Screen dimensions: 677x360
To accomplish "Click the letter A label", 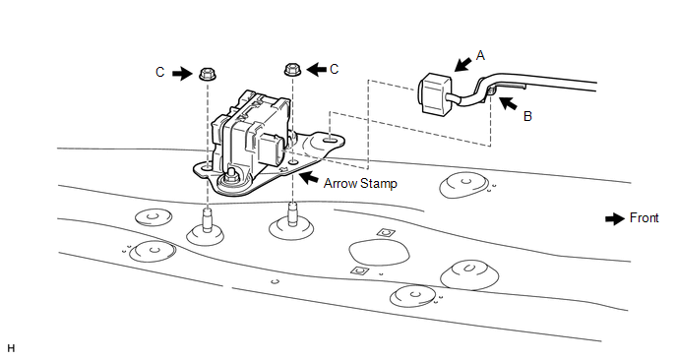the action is pyautogui.click(x=480, y=56).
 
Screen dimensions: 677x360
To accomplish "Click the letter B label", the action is pyautogui.click(x=527, y=116).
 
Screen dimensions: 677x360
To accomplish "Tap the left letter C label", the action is pyautogui.click(x=160, y=72).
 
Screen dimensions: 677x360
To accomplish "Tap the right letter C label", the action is pyautogui.click(x=334, y=69).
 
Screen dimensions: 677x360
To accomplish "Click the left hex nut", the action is pyautogui.click(x=208, y=74).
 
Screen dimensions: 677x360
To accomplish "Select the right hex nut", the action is pyautogui.click(x=292, y=69).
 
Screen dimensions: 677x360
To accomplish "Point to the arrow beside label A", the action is pyautogui.click(x=463, y=65).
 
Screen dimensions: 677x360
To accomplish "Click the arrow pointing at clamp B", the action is pyautogui.click(x=508, y=103).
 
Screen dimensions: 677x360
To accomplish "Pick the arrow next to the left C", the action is pyautogui.click(x=182, y=74).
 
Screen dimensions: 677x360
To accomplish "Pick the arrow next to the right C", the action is pyautogui.click(x=316, y=69).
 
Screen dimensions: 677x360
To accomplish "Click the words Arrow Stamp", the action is pyautogui.click(x=360, y=184).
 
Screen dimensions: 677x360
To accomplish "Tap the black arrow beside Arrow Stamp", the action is pyautogui.click(x=309, y=177).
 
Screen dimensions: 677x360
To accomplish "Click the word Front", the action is pyautogui.click(x=645, y=218).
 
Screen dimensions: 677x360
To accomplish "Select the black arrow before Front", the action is pyautogui.click(x=615, y=218).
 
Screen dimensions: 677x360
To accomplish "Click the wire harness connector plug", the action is pyautogui.click(x=435, y=94).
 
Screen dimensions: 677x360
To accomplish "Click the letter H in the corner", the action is pyautogui.click(x=11, y=348).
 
